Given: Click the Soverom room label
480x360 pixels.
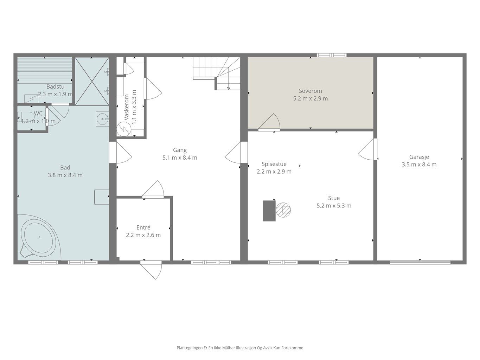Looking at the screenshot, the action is (x=310, y=91).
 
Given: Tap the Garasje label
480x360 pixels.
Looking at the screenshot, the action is (x=419, y=157).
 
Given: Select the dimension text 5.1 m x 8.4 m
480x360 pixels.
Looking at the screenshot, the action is (x=180, y=157).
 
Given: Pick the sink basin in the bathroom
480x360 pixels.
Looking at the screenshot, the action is (x=102, y=119).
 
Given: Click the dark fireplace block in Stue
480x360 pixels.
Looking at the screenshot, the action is (x=269, y=211).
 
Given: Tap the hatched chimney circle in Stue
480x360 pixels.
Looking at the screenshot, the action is (x=283, y=210).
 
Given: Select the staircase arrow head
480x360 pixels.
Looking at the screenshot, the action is (x=229, y=88).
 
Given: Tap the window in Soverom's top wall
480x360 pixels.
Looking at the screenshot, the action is (x=332, y=55).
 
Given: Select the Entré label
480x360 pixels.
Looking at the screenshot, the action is (x=143, y=227).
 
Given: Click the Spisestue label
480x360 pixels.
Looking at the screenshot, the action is (x=274, y=164).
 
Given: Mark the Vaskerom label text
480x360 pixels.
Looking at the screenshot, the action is (x=126, y=107).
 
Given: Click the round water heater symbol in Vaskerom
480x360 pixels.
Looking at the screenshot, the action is (x=124, y=129).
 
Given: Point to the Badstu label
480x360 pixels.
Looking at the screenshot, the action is (x=55, y=86).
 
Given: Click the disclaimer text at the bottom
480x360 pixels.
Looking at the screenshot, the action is (x=240, y=348).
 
